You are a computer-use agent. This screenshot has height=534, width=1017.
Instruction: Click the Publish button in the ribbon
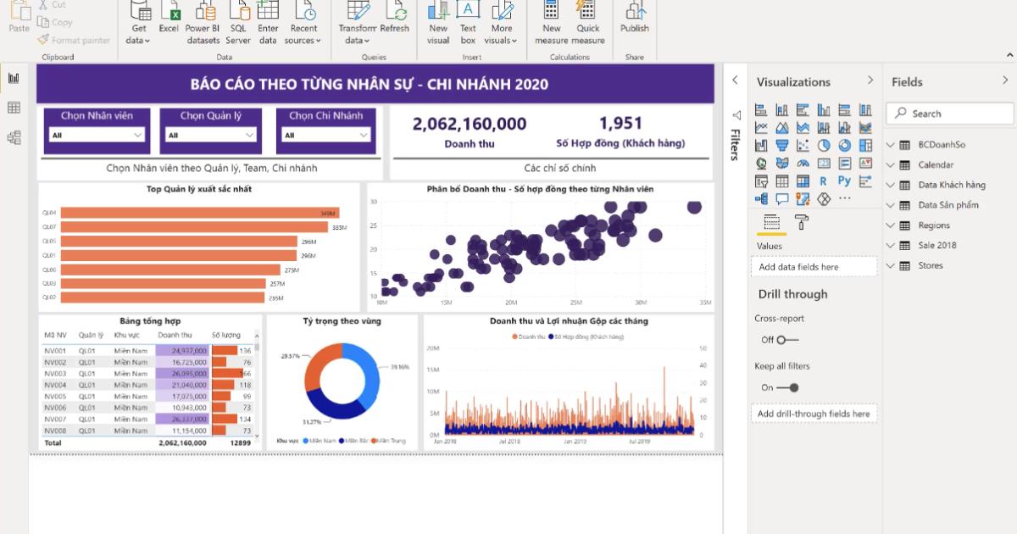(634, 18)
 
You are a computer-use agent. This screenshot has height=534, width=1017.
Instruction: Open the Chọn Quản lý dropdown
(211, 135)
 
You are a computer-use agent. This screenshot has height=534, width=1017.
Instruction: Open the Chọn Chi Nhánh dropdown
(326, 135)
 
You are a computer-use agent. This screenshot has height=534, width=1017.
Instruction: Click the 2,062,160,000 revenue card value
(469, 124)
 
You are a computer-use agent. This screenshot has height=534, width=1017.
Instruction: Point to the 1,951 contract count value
(620, 124)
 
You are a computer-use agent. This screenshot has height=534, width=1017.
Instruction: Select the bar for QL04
(199, 213)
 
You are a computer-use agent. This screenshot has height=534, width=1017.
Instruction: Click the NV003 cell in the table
(55, 374)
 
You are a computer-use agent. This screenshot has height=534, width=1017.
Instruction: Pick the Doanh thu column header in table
(175, 335)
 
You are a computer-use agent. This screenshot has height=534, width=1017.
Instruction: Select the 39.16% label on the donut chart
(399, 367)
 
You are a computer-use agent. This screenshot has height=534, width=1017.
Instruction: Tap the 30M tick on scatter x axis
(641, 303)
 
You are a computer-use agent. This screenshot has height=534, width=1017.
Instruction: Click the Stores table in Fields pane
(930, 265)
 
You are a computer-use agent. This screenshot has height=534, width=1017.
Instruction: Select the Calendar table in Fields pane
(935, 164)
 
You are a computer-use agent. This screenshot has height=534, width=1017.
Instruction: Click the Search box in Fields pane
(949, 114)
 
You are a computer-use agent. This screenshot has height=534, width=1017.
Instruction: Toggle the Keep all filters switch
(788, 387)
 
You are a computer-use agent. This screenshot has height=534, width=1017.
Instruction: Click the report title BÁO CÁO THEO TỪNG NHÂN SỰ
(369, 84)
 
